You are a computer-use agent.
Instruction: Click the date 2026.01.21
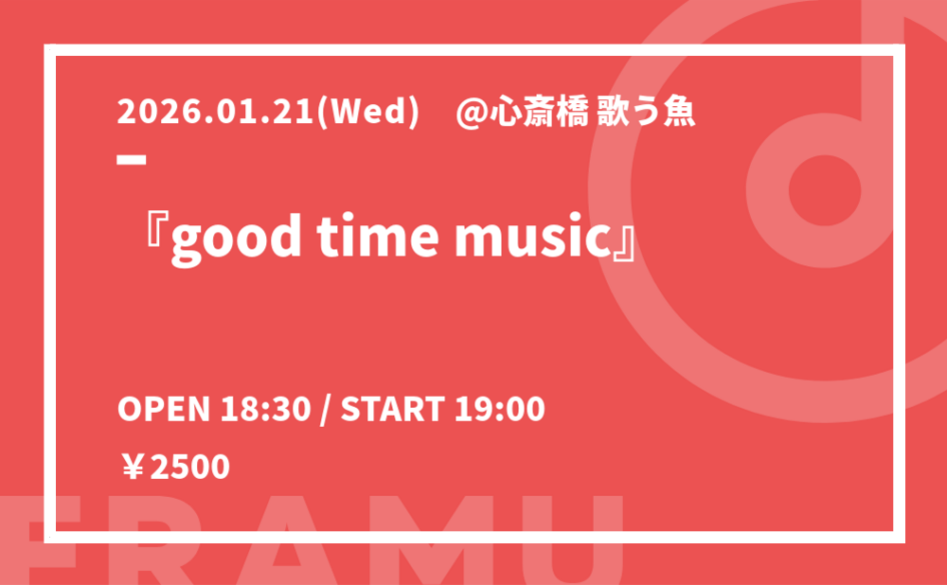tap(216, 112)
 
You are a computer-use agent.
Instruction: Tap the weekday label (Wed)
tap(367, 113)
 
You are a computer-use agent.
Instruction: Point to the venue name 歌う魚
tap(646, 113)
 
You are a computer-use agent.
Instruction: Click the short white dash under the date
tap(132, 159)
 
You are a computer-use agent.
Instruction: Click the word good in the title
tap(236, 239)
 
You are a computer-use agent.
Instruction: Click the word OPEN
tap(163, 409)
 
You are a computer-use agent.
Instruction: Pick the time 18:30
tap(265, 409)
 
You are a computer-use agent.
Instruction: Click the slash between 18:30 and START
tap(326, 410)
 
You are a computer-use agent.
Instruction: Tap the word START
tap(393, 409)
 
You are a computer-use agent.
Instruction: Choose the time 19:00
tap(500, 409)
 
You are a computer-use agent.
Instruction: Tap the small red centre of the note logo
tap(825, 190)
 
